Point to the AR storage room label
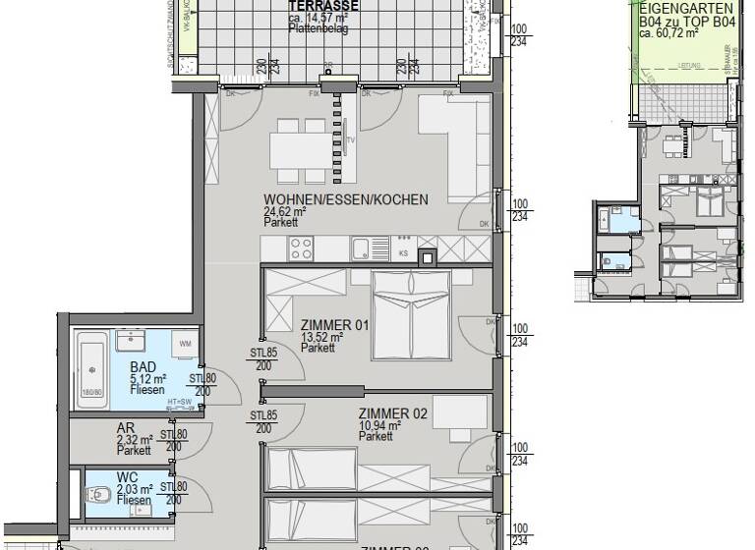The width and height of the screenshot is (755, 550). point(126,429)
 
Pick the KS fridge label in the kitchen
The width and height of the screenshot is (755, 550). point(403,252)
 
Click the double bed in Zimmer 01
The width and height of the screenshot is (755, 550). point(410,305)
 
